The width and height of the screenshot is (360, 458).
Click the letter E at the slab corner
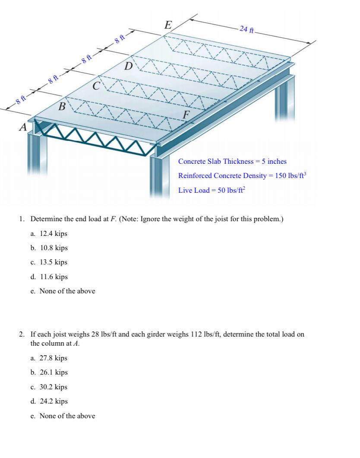168,25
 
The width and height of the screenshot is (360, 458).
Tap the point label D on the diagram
128,67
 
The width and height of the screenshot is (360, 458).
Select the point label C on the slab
97,85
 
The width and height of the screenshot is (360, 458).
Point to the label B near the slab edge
63,106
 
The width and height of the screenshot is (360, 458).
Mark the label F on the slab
186,115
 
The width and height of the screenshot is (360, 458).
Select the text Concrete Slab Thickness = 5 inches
232,161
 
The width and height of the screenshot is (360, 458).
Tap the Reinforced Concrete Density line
242,176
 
